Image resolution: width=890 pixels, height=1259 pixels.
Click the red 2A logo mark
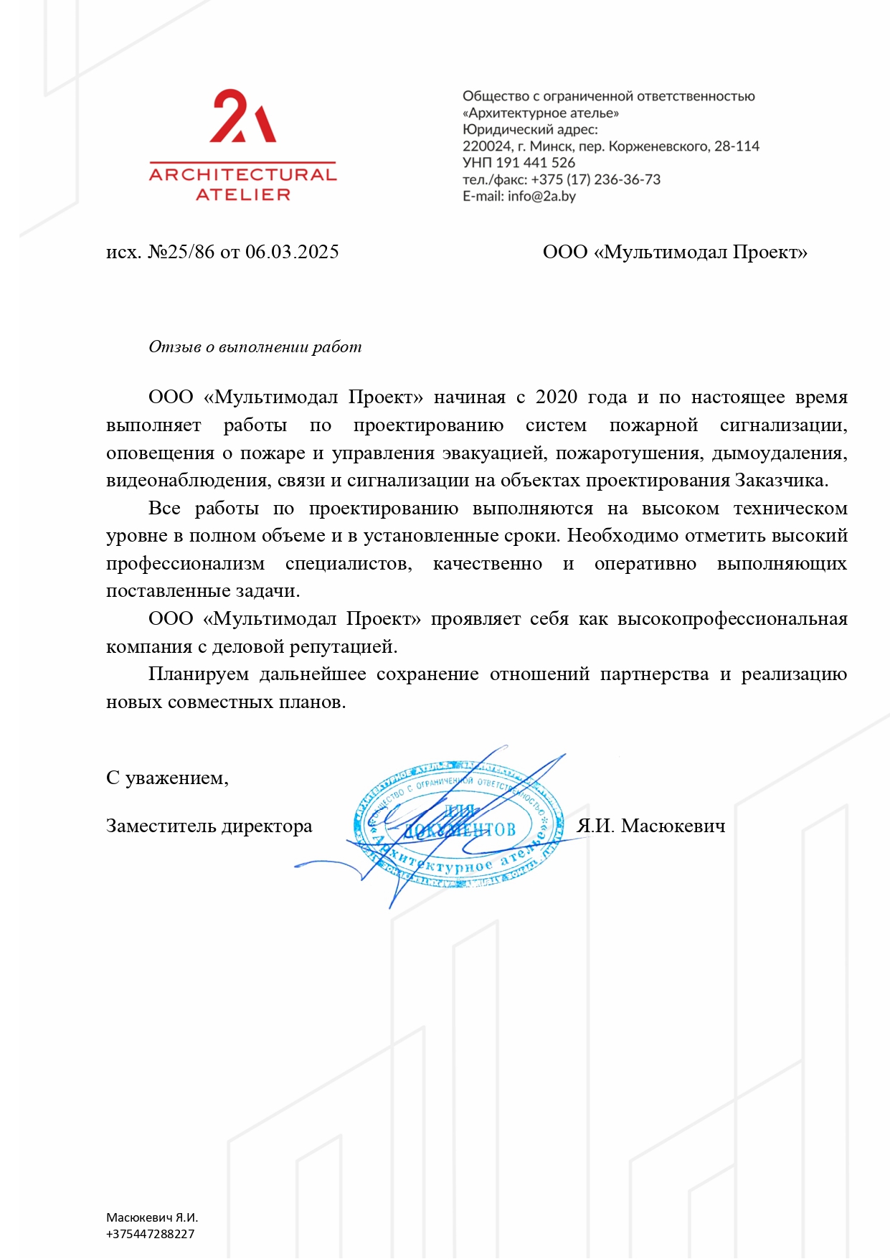point(242,117)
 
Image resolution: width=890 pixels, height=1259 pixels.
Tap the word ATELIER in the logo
point(242,194)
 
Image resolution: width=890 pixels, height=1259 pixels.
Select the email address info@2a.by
point(541,197)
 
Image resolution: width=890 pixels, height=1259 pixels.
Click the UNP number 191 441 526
point(535,163)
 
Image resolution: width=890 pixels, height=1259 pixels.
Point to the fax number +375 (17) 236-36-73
point(595,179)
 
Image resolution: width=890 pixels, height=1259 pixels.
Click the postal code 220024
point(487,146)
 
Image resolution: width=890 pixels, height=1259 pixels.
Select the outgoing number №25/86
point(181,252)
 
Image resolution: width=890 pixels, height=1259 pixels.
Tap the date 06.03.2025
point(292,252)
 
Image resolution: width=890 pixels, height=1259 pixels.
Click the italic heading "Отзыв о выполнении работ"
point(255,347)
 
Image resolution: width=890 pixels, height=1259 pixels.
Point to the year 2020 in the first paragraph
point(556,397)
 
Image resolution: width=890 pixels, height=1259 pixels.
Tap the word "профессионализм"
point(185,564)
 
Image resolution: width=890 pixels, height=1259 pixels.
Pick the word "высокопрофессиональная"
point(732,619)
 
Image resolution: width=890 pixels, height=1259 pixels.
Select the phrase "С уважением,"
point(167,778)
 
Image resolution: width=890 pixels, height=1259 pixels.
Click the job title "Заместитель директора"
point(209,826)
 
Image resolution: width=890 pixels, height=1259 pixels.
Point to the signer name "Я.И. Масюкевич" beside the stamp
point(651,826)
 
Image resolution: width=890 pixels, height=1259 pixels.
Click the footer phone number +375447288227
point(151,1234)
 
